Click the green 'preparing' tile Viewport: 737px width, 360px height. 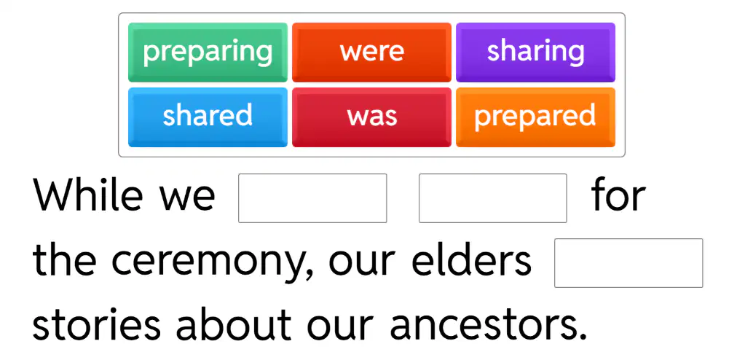click(208, 52)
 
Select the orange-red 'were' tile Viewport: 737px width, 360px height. click(372, 52)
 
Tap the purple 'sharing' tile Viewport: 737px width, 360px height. click(535, 52)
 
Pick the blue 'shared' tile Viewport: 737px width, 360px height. click(208, 117)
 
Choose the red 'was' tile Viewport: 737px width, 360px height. click(372, 117)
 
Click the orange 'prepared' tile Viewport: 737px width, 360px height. click(535, 117)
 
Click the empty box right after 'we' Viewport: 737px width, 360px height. click(312, 198)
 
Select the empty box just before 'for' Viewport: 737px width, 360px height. click(492, 198)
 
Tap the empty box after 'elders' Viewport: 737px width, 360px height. click(628, 263)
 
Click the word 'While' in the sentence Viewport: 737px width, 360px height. click(87, 196)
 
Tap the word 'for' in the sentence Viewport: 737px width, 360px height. click(618, 196)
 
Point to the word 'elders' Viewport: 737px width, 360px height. click(471, 260)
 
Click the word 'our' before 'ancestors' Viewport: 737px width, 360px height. click(338, 329)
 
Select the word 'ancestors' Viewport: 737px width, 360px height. click(489, 326)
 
